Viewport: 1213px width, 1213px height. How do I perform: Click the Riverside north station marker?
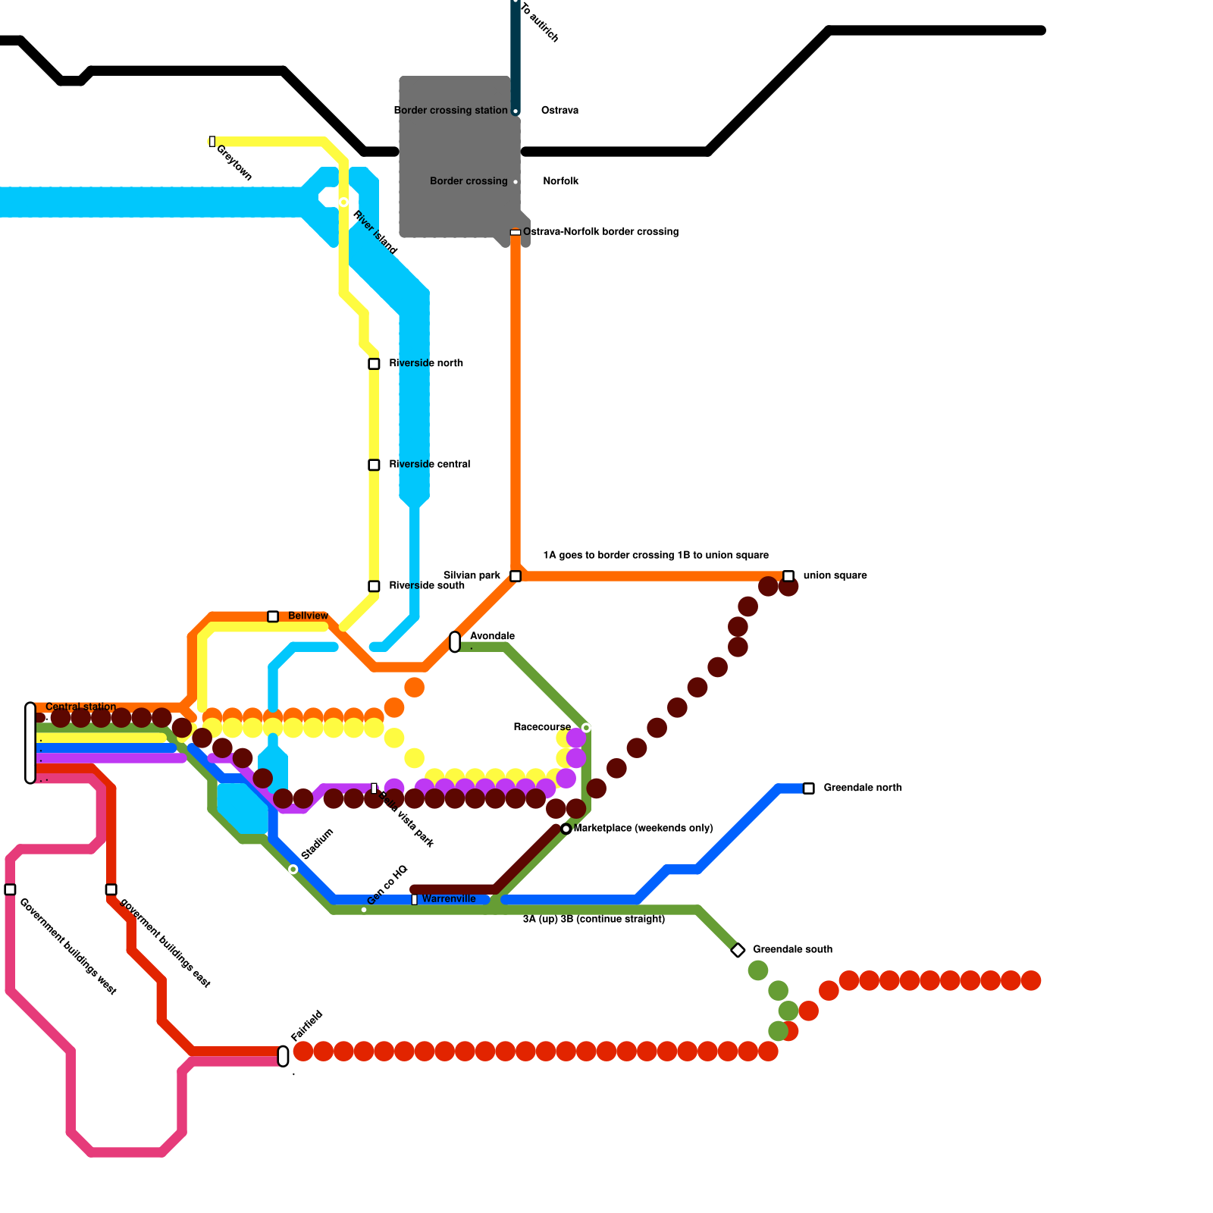pos(374,364)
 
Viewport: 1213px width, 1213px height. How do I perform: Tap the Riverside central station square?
pos(374,465)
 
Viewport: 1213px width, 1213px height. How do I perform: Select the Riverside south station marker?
pos(374,586)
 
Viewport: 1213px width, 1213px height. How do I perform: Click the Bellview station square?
pos(273,616)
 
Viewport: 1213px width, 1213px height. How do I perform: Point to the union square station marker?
pos(788,576)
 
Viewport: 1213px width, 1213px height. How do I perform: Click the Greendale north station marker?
pos(809,788)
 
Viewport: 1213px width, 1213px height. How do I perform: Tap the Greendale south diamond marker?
pos(738,950)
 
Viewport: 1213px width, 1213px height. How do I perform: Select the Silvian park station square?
pos(516,576)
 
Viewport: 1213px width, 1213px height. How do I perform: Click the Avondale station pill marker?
pos(455,641)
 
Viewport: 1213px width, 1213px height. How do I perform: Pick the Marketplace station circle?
pos(566,829)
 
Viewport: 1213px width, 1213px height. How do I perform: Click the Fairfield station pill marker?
pos(284,1056)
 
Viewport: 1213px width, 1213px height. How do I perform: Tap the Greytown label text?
pos(234,162)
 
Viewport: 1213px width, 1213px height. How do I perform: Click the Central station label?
pos(81,707)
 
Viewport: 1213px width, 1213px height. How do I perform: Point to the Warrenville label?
pos(449,898)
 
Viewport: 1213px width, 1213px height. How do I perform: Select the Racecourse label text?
pos(542,727)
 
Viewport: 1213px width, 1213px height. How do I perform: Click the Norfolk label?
pos(561,181)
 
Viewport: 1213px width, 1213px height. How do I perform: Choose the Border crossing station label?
pos(450,110)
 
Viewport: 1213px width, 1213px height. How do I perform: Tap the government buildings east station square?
pos(111,889)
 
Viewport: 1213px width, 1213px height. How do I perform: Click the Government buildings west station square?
pos(10,889)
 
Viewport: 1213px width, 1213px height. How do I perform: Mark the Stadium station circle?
pos(293,869)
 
